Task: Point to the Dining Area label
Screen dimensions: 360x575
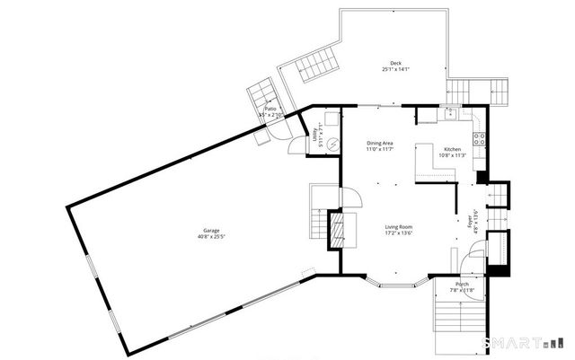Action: [x=381, y=143]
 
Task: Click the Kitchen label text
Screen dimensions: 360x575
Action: [x=453, y=148]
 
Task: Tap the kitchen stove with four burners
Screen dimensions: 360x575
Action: [x=480, y=139]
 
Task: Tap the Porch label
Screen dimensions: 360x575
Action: [x=462, y=285]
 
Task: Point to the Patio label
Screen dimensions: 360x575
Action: [x=270, y=109]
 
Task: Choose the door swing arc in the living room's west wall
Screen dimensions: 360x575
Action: [x=353, y=198]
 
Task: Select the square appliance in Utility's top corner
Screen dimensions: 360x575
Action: [x=332, y=118]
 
